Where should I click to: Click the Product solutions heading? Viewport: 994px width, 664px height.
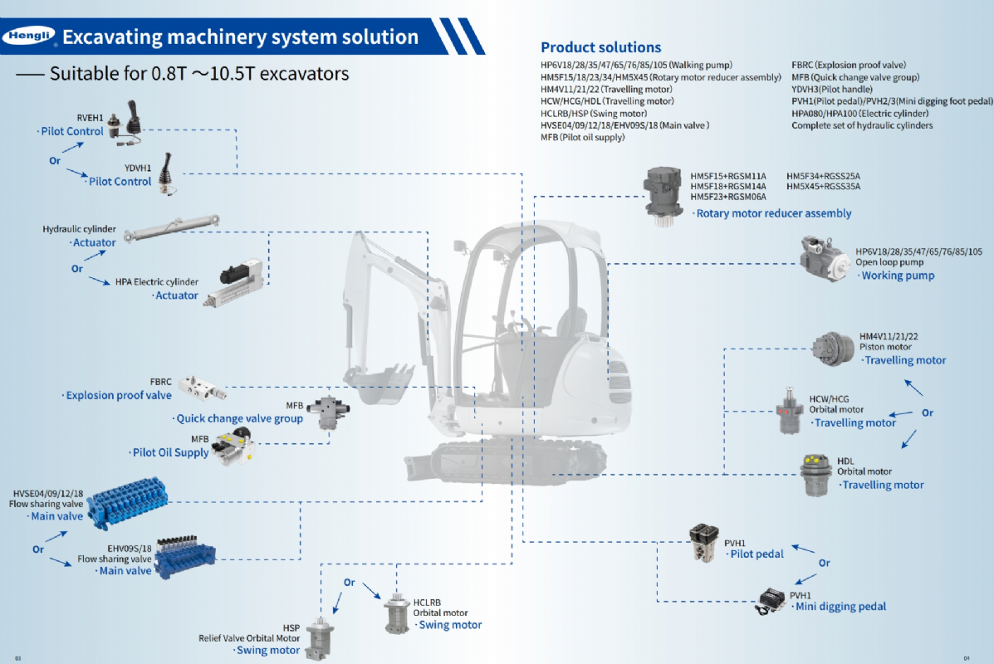600,47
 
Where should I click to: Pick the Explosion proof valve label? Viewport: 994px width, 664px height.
118,396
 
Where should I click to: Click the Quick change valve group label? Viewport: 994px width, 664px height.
239,419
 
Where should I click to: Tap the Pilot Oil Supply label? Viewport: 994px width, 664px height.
170,453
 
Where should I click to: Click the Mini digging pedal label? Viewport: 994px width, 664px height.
840,607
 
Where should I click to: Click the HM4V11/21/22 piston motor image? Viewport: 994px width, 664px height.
834,349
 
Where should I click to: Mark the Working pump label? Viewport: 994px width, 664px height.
898,276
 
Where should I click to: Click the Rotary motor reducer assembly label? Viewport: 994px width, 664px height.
773,214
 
